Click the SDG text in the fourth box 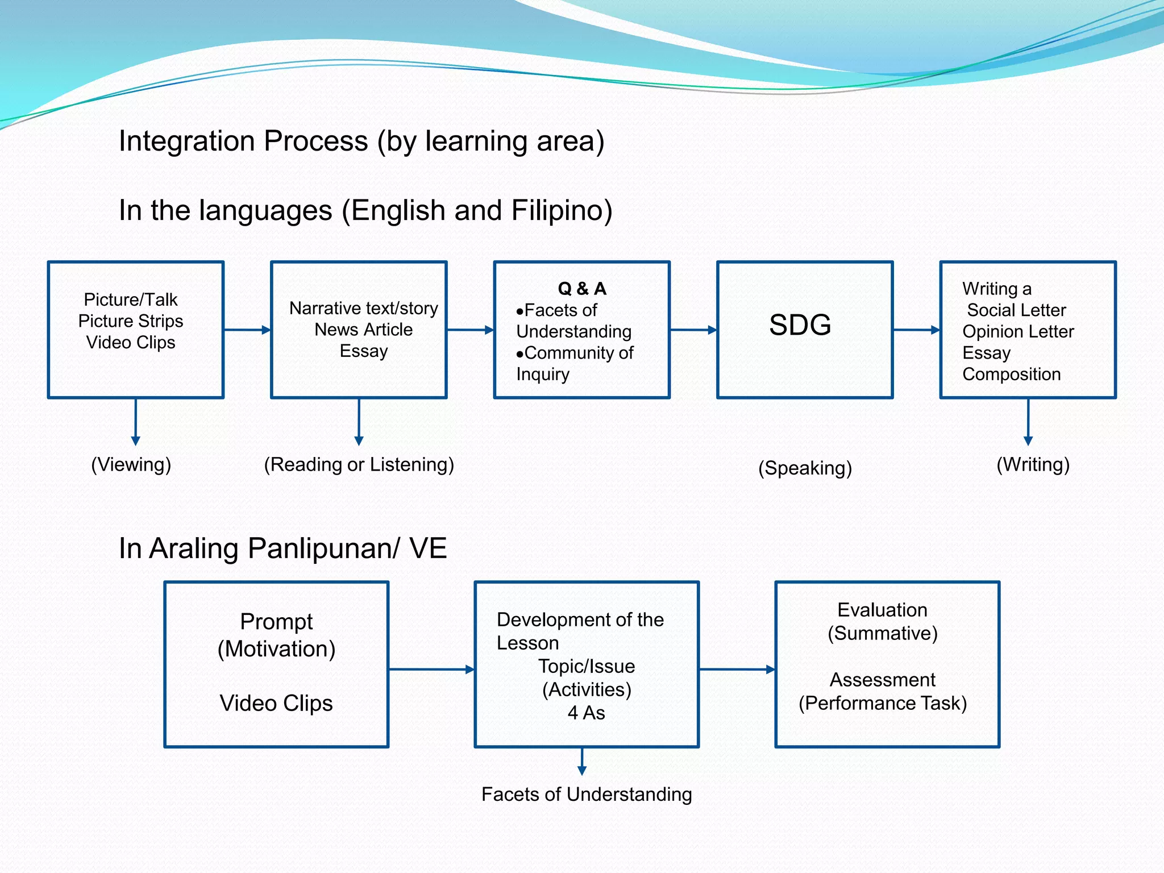click(800, 325)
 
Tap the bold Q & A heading click(582, 289)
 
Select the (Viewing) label click(131, 464)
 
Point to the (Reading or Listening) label click(359, 464)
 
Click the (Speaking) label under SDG click(805, 468)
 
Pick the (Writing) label click(1033, 464)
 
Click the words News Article click(363, 330)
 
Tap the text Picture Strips click(131, 321)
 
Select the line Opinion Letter click(1017, 331)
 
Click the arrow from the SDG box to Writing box click(916, 330)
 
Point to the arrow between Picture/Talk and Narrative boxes click(247, 330)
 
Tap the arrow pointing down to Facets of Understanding click(581, 761)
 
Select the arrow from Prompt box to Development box click(431, 669)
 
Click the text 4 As click(586, 713)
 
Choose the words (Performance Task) click(882, 703)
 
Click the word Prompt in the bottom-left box click(276, 621)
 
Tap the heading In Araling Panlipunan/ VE click(282, 548)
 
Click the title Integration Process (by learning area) click(361, 141)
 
